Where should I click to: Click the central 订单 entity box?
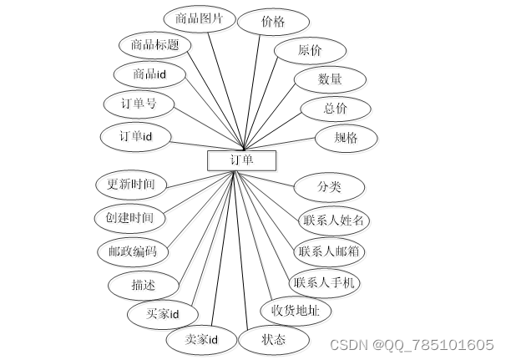[241, 159]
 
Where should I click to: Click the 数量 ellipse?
[329, 79]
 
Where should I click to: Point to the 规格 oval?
[346, 136]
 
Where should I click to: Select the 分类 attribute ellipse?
[329, 185]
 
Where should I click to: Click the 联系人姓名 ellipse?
[334, 220]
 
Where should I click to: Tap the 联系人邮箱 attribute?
[331, 250]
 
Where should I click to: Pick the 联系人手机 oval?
[324, 282]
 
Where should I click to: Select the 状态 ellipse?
[274, 339]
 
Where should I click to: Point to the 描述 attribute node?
[143, 284]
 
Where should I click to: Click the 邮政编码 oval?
[133, 251]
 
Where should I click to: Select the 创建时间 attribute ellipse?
[129, 218]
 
